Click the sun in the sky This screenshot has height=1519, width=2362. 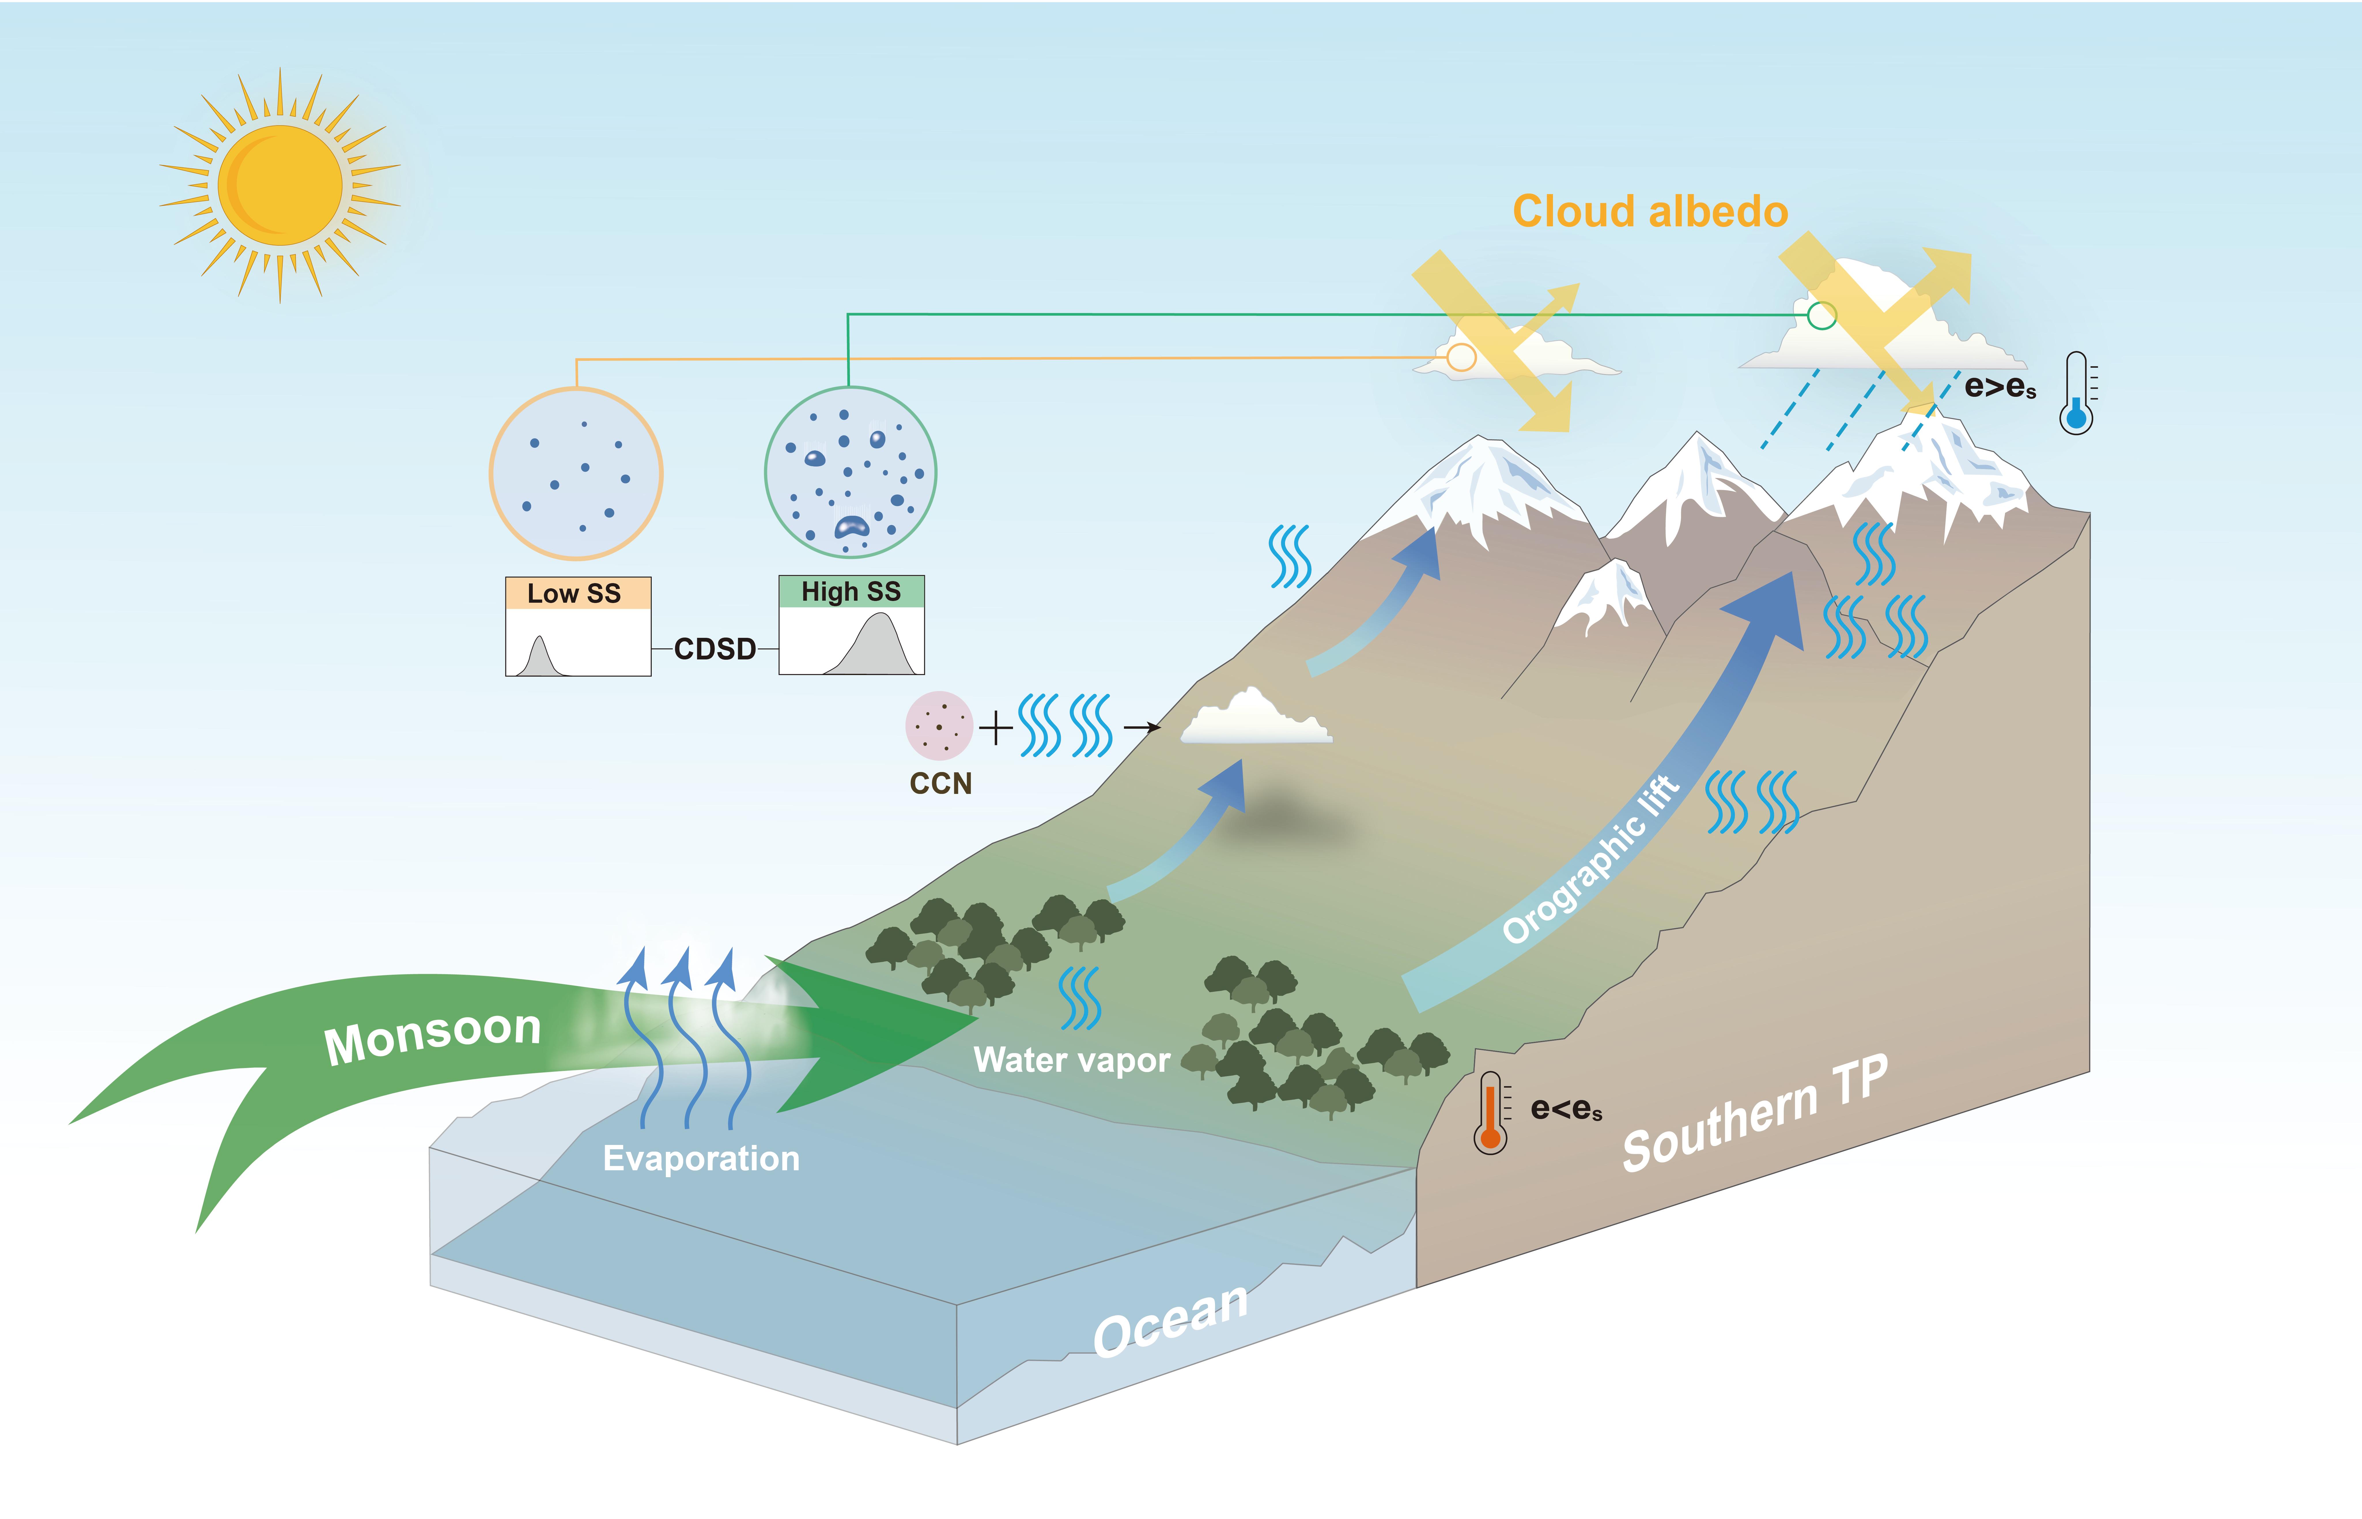click(x=280, y=185)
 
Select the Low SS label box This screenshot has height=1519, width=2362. click(x=577, y=593)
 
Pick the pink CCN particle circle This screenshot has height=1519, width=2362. click(x=938, y=725)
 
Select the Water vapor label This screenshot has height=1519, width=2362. click(x=1072, y=1059)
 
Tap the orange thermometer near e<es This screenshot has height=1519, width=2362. click(x=1490, y=1113)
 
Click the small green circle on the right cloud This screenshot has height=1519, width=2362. click(x=1821, y=316)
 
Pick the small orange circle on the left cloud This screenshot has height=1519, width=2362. click(x=1461, y=357)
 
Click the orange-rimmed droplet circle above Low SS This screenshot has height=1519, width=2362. click(x=576, y=473)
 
